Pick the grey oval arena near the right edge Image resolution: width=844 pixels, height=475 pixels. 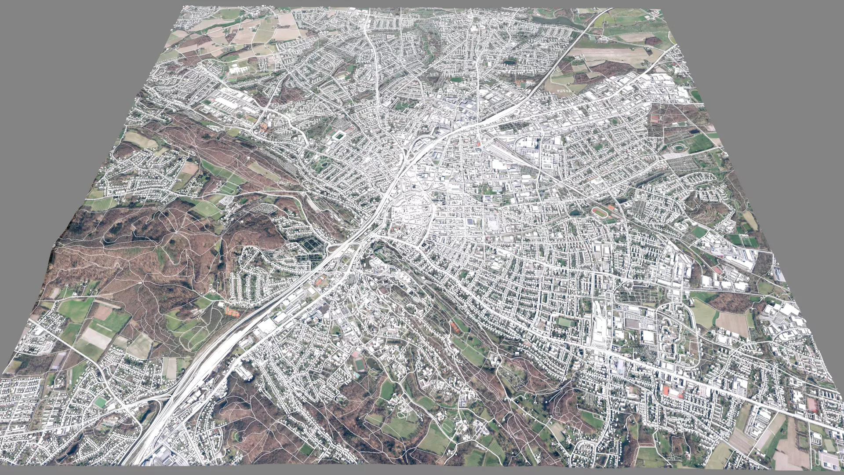(x=680, y=147)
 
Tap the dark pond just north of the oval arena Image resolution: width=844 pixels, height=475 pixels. (x=695, y=130)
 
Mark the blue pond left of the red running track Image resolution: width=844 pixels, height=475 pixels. (x=575, y=212)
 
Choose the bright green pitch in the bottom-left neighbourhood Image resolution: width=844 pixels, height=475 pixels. (x=101, y=402)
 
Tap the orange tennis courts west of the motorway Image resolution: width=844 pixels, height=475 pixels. (x=231, y=312)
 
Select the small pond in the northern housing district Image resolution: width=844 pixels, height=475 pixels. (x=509, y=62)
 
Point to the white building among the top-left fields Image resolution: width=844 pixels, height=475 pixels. (x=238, y=69)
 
